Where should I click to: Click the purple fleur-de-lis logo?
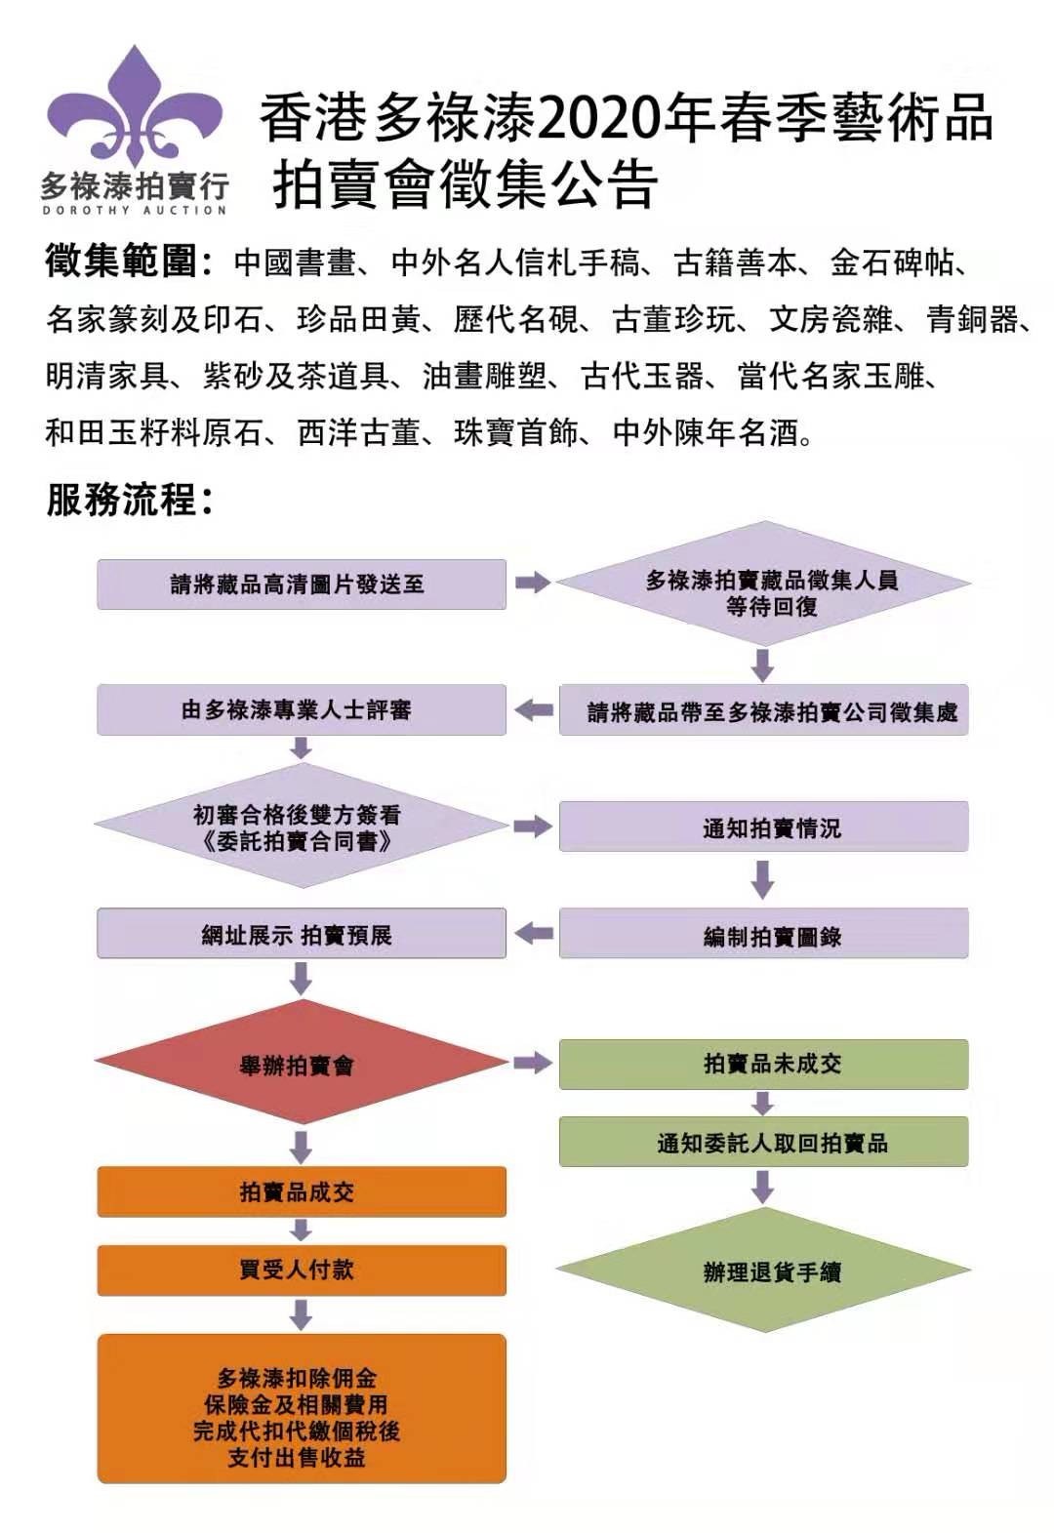[x=135, y=107]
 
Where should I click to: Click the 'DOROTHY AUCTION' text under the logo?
[x=135, y=210]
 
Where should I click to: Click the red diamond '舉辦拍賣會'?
[x=301, y=1063]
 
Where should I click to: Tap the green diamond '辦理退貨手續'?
[x=763, y=1270]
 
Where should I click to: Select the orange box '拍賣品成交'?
[x=301, y=1190]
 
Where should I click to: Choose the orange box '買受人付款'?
[x=301, y=1270]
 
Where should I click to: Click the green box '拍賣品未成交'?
[x=763, y=1064]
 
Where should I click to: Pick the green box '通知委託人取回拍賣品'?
[x=763, y=1142]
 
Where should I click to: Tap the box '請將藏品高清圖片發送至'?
[x=301, y=585]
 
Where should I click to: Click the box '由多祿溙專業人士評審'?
[x=301, y=709]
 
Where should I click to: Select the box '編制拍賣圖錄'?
[x=763, y=935]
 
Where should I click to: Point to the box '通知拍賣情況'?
[x=763, y=827]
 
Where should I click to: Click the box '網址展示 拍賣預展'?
[x=301, y=934]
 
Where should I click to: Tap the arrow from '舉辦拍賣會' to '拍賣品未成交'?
[x=533, y=1063]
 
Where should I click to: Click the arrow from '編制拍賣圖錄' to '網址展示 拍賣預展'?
[x=533, y=934]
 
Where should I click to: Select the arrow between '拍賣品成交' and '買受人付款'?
[x=301, y=1230]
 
